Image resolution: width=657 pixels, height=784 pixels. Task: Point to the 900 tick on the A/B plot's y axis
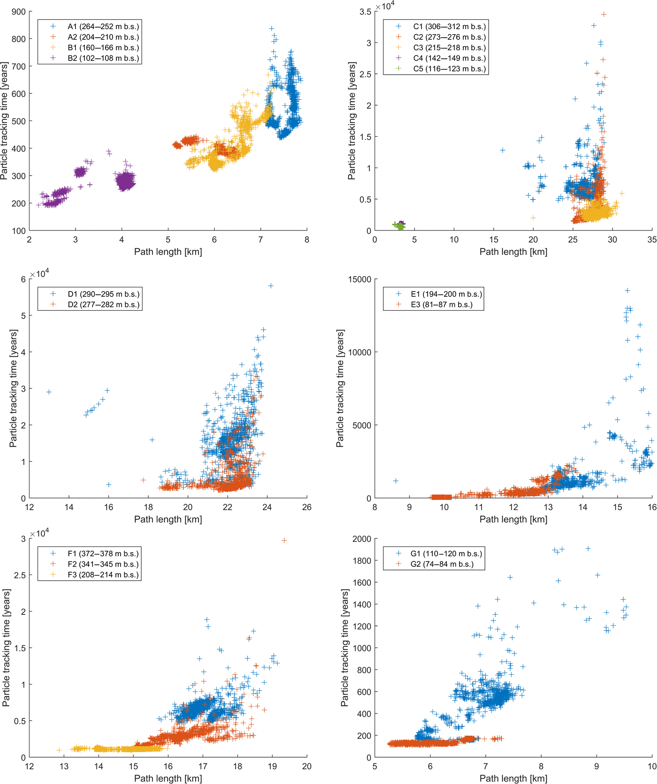[x=19, y=12]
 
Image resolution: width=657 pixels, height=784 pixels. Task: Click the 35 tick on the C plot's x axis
[x=652, y=240]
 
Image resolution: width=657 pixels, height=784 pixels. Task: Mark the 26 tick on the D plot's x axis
[x=307, y=507]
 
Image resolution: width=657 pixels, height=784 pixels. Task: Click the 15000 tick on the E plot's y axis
[x=359, y=280]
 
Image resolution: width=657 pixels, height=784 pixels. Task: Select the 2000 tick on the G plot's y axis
[x=362, y=539]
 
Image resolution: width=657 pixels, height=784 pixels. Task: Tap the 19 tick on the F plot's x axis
[x=272, y=767]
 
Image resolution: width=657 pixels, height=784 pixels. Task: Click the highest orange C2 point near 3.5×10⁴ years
[x=604, y=15]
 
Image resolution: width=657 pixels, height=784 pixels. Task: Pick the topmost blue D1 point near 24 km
[x=271, y=286]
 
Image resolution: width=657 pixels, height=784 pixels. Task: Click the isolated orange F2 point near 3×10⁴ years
[x=284, y=541]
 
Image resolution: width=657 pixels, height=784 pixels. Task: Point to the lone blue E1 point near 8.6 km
[x=396, y=481]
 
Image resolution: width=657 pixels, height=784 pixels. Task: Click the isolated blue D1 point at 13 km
[x=49, y=392]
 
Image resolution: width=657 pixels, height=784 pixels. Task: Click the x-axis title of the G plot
[x=513, y=778]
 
